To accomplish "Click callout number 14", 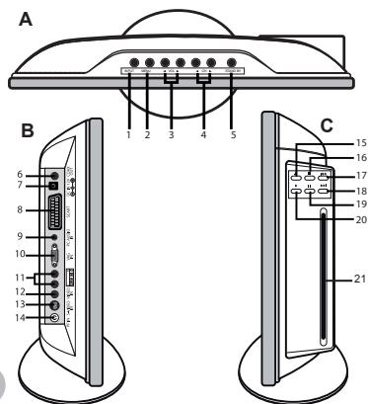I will click(x=21, y=318).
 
